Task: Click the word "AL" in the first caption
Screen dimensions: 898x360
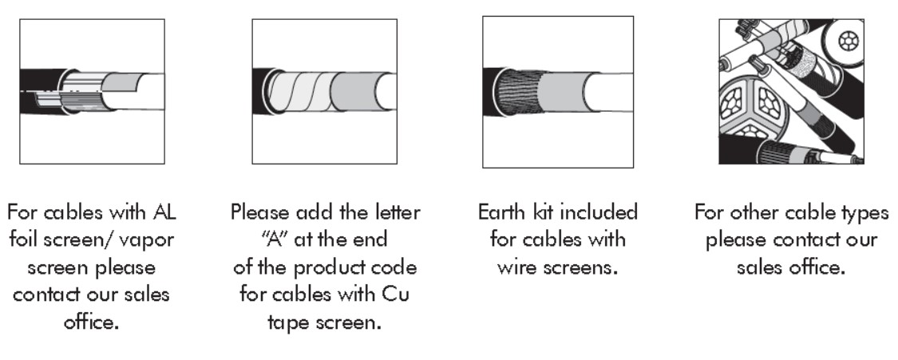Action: click(x=164, y=212)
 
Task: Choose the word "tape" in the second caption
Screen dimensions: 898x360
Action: click(x=288, y=322)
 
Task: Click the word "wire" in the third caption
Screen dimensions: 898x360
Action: click(x=516, y=267)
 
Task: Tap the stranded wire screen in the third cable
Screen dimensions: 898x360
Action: click(x=519, y=92)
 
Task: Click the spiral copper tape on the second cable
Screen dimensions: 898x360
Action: click(x=300, y=92)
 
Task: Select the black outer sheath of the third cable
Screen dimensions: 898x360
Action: click(x=492, y=92)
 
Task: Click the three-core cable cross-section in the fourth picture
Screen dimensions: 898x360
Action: click(x=752, y=108)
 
